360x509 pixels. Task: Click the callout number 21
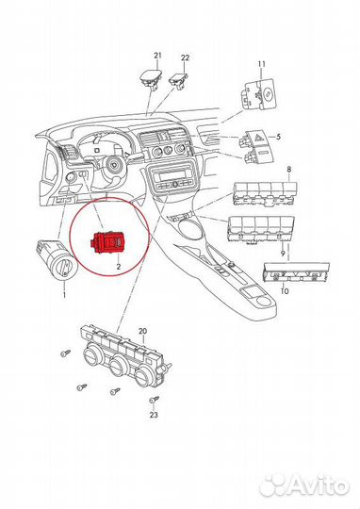click(x=158, y=57)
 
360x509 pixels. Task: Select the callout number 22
click(x=185, y=57)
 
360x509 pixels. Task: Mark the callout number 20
click(x=142, y=331)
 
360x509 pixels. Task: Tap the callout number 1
click(x=64, y=296)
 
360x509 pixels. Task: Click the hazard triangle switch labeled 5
click(x=254, y=139)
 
